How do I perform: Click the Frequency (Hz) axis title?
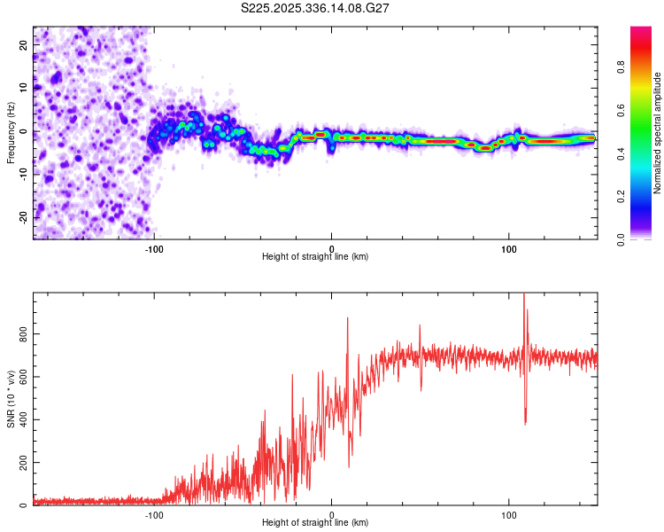coord(12,132)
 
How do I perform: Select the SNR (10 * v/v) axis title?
coord(12,399)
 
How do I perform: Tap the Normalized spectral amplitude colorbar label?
coord(658,133)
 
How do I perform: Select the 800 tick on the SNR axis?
coord(20,333)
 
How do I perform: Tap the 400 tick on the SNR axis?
coord(20,419)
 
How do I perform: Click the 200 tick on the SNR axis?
coord(20,463)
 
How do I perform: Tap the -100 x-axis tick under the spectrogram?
coord(154,249)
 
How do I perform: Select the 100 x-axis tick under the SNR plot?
coord(509,515)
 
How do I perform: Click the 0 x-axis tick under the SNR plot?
coord(332,515)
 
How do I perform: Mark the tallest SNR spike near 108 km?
coord(524,295)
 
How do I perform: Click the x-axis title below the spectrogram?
coord(315,257)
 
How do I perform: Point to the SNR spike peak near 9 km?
coord(347,318)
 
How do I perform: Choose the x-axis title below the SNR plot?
coord(315,523)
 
